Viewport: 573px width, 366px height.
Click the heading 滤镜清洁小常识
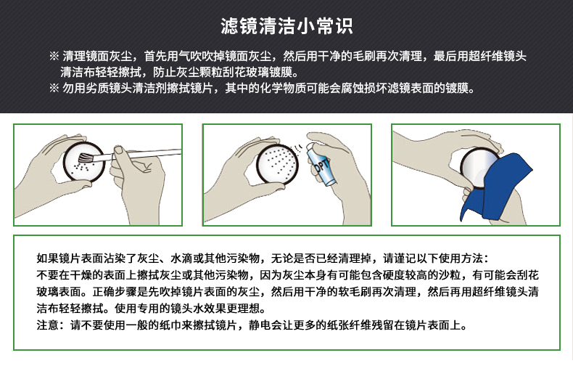[x=286, y=26]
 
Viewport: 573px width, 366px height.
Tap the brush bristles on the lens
[x=85, y=158]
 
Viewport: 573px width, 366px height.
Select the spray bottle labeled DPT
[x=320, y=163]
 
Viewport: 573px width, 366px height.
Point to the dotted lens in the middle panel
[x=277, y=163]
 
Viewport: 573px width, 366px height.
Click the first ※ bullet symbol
[x=54, y=56]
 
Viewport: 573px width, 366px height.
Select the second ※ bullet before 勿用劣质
[x=54, y=88]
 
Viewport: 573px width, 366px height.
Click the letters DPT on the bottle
[x=322, y=166]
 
